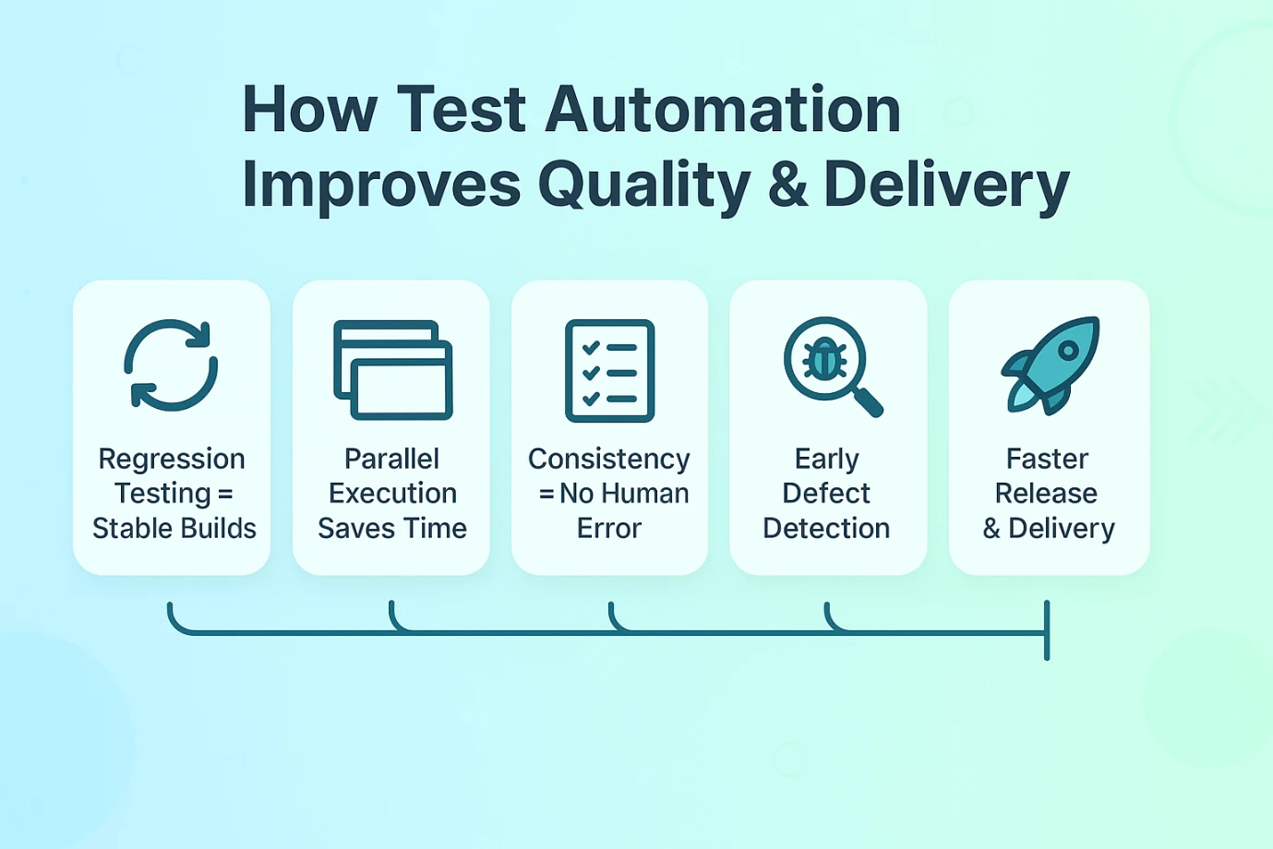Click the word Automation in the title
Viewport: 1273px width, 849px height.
(x=723, y=110)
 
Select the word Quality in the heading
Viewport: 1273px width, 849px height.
(x=644, y=185)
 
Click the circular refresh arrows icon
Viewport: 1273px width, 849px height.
(x=171, y=365)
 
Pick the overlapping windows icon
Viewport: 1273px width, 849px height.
(x=393, y=370)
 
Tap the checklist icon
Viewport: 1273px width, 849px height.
(x=610, y=370)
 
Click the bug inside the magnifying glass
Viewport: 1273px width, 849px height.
(x=824, y=360)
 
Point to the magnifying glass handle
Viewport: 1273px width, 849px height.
(x=869, y=401)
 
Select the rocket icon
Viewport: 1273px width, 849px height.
(x=1051, y=365)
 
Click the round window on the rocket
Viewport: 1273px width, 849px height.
(x=1068, y=351)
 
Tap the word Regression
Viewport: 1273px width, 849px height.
(x=172, y=460)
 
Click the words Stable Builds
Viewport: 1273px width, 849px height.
(x=174, y=529)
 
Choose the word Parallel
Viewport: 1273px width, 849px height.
(x=391, y=460)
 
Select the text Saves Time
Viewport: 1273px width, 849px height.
(x=392, y=529)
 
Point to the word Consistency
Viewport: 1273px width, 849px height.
(x=609, y=460)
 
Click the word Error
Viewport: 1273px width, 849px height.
(x=609, y=529)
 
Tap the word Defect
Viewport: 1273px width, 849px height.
(x=826, y=494)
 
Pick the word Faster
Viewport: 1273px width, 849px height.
(x=1048, y=460)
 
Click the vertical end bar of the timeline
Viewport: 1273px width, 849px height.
(x=1047, y=630)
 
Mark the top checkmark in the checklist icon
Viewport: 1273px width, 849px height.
(x=591, y=347)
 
